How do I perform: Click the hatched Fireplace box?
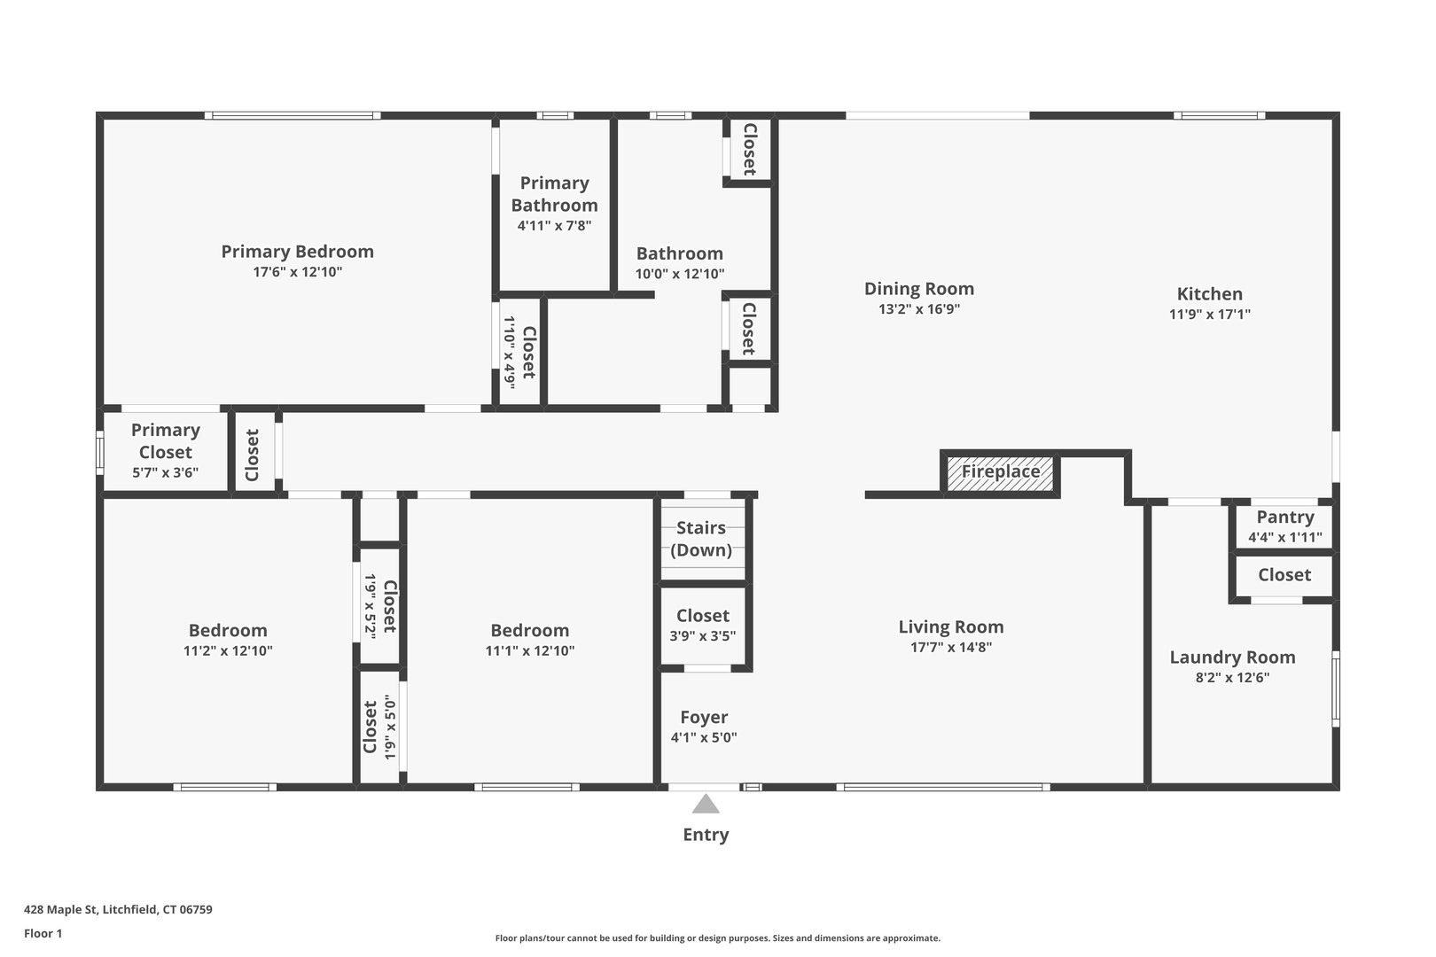(x=1000, y=472)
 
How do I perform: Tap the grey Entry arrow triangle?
(x=706, y=805)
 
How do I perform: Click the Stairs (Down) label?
(x=701, y=539)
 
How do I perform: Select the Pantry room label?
(x=1284, y=517)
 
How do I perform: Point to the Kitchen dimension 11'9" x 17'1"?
(x=1209, y=314)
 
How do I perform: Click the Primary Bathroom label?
(x=554, y=194)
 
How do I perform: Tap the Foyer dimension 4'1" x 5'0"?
(x=704, y=737)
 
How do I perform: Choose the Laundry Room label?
(x=1232, y=657)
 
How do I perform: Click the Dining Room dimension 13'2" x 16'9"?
(x=918, y=309)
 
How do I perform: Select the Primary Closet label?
(x=166, y=440)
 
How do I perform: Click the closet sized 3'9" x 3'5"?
(x=702, y=625)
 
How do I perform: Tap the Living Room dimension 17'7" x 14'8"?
(x=950, y=647)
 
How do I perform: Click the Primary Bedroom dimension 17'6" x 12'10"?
(x=297, y=272)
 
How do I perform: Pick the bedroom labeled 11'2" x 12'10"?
(x=228, y=640)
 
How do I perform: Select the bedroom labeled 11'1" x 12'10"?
(x=529, y=640)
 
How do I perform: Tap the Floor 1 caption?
(x=43, y=933)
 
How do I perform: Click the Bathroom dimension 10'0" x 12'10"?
(x=679, y=275)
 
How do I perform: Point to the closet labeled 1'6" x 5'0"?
(x=379, y=727)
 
